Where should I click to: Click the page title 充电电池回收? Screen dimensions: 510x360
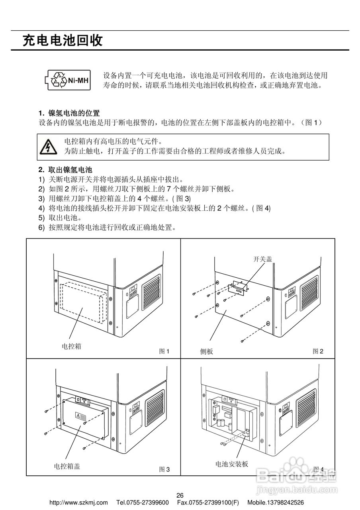(x=63, y=41)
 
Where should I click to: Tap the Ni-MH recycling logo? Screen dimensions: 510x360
(x=67, y=80)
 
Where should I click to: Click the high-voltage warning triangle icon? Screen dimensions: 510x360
(x=47, y=147)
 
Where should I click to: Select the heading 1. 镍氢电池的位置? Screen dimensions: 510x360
(x=69, y=113)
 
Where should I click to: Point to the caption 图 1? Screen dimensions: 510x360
(x=164, y=351)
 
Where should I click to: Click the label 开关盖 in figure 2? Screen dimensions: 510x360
(x=263, y=259)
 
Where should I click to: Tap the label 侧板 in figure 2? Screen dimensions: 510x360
(x=206, y=351)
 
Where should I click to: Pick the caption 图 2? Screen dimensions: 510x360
(x=318, y=351)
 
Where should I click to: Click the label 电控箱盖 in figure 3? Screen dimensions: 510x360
(x=67, y=466)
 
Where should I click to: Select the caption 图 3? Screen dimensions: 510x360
(x=164, y=469)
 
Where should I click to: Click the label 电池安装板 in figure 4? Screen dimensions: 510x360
(x=232, y=464)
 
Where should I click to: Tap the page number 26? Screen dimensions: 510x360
(x=180, y=495)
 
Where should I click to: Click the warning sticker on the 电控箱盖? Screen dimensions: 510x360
(x=80, y=416)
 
